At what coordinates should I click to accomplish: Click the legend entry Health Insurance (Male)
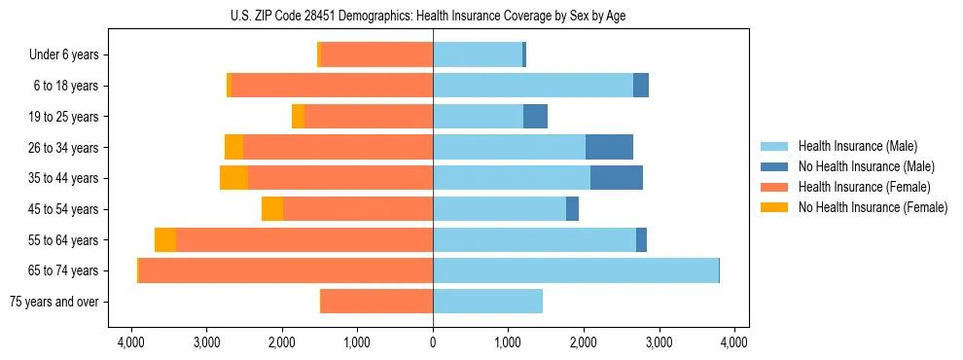(x=851, y=146)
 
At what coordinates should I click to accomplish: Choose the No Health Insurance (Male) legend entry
(x=859, y=166)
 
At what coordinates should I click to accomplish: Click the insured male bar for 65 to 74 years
(x=576, y=270)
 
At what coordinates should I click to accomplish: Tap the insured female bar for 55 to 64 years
(x=304, y=239)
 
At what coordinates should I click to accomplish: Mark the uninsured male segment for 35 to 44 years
(x=617, y=178)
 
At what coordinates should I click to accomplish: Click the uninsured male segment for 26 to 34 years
(x=609, y=147)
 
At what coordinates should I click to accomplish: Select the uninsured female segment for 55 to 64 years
(x=165, y=239)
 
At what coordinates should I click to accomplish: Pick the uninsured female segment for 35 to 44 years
(x=233, y=178)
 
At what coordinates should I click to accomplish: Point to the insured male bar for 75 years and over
(x=487, y=302)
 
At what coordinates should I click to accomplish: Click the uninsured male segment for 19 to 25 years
(x=535, y=116)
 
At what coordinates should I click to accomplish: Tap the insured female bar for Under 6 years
(x=377, y=54)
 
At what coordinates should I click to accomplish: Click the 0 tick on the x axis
(x=433, y=342)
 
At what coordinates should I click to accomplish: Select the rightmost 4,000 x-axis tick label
(x=733, y=342)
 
